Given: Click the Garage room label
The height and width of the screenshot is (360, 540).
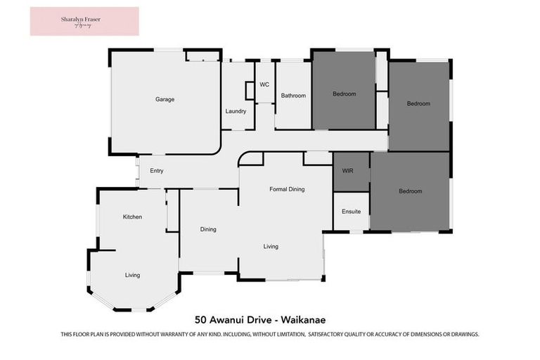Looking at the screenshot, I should tap(165, 99).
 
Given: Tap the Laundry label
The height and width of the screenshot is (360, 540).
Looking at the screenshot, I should tap(236, 111).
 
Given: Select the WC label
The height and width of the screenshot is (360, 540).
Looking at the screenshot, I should tap(264, 84).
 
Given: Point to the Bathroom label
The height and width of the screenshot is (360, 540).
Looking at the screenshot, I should tap(293, 95).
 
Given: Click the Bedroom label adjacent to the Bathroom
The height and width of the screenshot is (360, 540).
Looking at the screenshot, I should tap(344, 94).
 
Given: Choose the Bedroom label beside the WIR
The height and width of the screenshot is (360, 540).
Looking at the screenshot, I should tap(410, 191).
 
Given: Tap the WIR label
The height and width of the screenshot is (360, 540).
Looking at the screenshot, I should tap(347, 171).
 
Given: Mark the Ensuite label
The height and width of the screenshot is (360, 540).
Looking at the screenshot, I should tap(351, 212).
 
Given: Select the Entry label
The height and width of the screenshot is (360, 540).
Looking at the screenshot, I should tap(156, 171).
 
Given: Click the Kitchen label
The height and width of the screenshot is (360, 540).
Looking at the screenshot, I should tap(132, 217).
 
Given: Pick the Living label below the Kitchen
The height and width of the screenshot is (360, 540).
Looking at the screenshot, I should tap(132, 275).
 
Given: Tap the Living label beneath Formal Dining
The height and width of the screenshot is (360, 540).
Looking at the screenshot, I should tap(271, 247).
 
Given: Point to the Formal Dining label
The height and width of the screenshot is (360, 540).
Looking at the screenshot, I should tap(287, 189).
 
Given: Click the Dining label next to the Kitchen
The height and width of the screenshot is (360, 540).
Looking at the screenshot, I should tap(207, 229).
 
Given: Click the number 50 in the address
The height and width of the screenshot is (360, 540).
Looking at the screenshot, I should tap(200, 319).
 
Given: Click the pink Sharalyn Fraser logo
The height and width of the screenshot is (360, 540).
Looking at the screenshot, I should tap(84, 21).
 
